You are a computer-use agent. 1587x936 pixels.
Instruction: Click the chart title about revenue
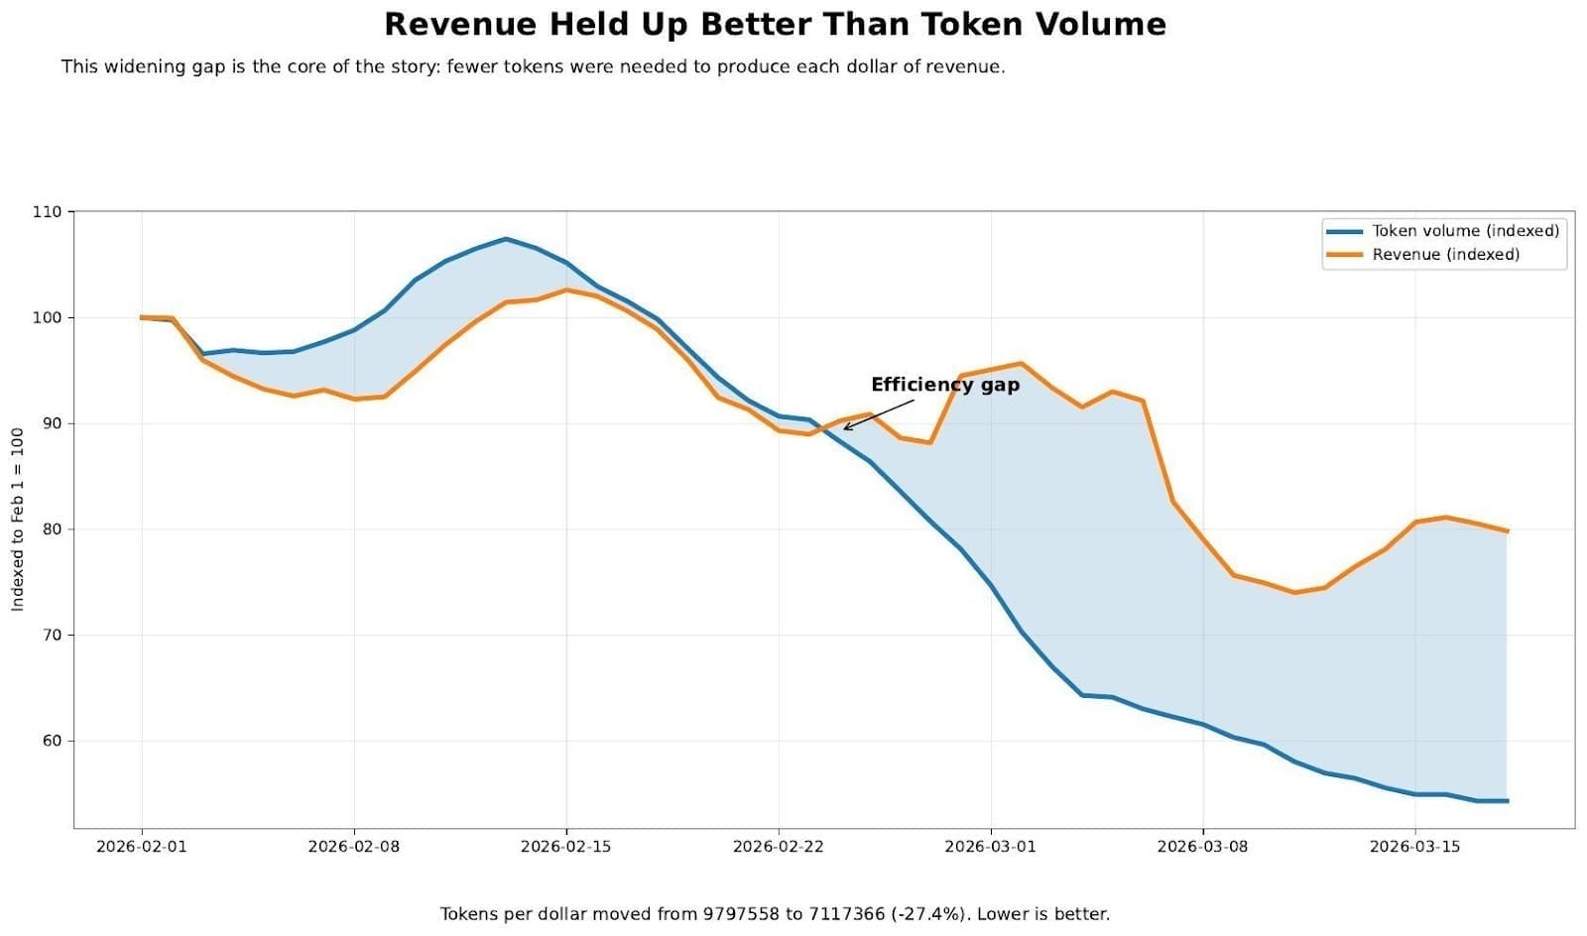[775, 24]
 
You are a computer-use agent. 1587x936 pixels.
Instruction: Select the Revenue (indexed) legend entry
[1444, 255]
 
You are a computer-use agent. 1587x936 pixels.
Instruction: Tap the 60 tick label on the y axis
[50, 741]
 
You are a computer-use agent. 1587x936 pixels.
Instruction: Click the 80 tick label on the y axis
[50, 529]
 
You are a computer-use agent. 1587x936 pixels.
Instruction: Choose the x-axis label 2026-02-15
[565, 847]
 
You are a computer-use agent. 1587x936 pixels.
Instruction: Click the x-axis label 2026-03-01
[990, 847]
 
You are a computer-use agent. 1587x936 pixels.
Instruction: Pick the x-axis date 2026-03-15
[1414, 847]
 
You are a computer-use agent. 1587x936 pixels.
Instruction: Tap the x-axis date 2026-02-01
[141, 847]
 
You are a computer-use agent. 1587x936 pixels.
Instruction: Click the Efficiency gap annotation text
[944, 385]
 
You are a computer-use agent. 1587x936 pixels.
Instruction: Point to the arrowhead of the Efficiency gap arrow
[845, 428]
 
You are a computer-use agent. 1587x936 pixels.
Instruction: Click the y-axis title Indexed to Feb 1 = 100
[18, 520]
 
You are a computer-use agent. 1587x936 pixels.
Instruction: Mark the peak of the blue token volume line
[506, 239]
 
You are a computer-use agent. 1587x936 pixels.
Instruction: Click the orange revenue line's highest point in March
[1021, 363]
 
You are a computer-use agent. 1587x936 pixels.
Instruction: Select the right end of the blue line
[1507, 801]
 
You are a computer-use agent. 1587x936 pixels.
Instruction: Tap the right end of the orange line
[1507, 531]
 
